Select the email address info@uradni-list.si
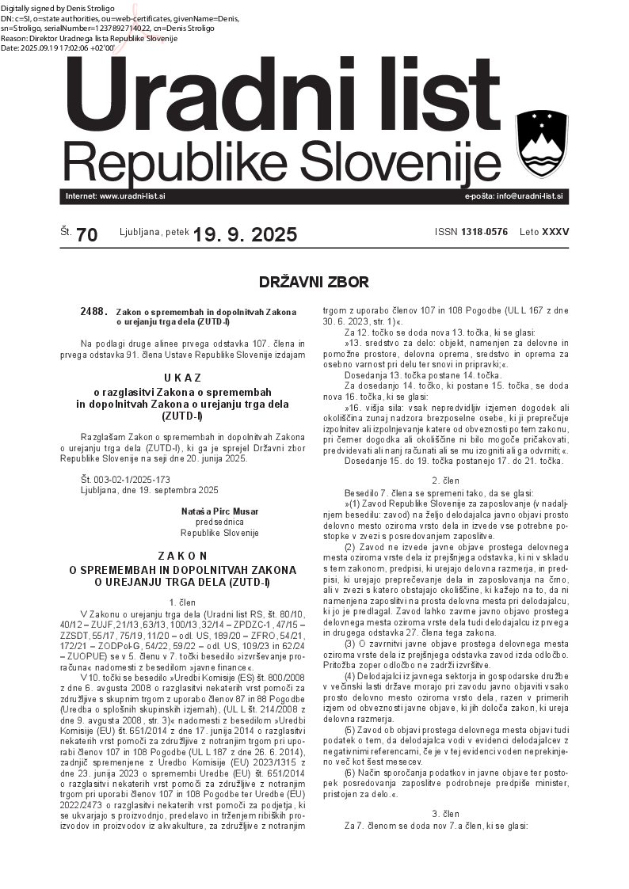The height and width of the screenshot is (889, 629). click(530, 196)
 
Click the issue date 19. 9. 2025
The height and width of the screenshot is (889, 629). click(245, 234)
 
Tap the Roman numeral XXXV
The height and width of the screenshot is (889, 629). click(555, 232)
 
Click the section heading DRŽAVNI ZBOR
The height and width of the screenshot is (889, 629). click(314, 282)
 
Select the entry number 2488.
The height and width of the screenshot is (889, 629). click(93, 312)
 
